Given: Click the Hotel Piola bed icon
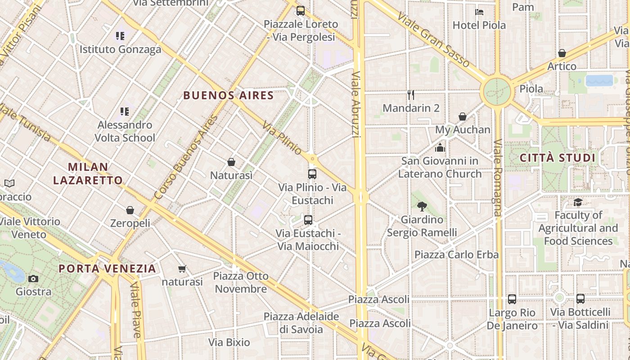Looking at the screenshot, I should [479, 12].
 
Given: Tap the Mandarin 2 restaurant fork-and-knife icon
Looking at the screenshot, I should [410, 94].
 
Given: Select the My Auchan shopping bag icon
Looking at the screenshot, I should [462, 117].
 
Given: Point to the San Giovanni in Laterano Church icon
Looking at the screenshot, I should [440, 148].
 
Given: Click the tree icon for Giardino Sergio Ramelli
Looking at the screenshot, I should [422, 207].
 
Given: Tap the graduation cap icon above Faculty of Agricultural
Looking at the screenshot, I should [578, 202].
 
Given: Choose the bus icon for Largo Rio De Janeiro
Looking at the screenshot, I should [512, 299].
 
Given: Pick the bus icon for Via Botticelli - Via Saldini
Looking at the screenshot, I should [580, 298].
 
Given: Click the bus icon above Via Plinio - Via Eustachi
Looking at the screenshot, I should [312, 174].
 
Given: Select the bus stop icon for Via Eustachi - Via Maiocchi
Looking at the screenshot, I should [308, 220].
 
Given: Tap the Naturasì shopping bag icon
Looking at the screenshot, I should [231, 162].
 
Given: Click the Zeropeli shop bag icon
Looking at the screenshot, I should [130, 210].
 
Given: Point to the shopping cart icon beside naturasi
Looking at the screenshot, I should [182, 269].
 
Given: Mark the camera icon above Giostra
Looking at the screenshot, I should [33, 279].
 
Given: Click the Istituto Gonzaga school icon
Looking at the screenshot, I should [120, 36].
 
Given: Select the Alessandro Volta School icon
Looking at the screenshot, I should [124, 111].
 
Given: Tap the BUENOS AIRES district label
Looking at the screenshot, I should [229, 95].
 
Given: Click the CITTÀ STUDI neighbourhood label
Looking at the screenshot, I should [557, 158].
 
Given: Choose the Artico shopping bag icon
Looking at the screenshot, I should [562, 53].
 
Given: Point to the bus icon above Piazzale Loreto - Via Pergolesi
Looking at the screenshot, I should [300, 10].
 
